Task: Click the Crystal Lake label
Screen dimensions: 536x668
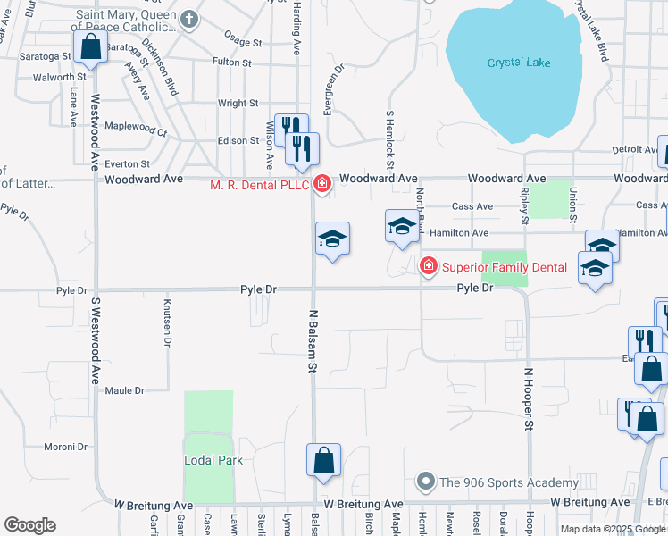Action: [x=519, y=63]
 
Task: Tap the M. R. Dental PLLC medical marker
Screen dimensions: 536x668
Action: [x=321, y=185]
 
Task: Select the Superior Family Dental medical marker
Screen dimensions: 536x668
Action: [x=429, y=266]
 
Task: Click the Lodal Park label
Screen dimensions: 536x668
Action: [x=213, y=460]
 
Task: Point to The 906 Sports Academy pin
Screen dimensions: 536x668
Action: [x=426, y=482]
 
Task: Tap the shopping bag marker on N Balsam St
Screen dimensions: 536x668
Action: [x=323, y=460]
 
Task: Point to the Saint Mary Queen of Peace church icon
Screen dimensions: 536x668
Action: [x=189, y=20]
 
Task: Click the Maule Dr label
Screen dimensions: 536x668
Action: [x=125, y=390]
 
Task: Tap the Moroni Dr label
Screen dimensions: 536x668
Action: [x=64, y=446]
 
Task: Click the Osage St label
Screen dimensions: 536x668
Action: [x=243, y=42]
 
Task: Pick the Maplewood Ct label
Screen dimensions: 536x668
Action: [x=136, y=127]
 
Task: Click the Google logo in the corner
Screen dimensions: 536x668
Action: [x=29, y=525]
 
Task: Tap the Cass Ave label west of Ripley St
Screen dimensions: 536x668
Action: [x=472, y=206]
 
